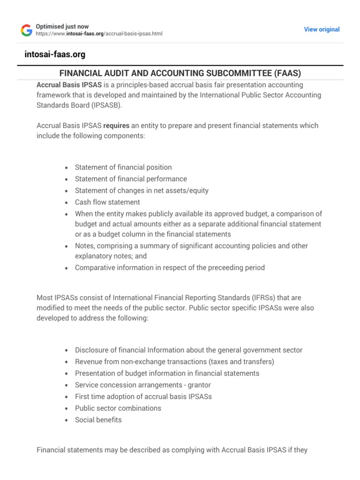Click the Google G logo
(26, 30)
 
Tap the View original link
(322, 30)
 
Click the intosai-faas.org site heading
(55, 55)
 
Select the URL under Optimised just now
(99, 34)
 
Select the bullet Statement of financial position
(123, 167)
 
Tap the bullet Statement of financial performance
(131, 179)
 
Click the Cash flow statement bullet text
(107, 202)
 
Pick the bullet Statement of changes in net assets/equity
(142, 191)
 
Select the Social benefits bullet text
(98, 420)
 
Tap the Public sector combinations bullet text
(118, 408)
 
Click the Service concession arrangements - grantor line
(142, 385)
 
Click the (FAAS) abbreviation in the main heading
(285, 73)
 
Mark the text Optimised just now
(62, 27)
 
